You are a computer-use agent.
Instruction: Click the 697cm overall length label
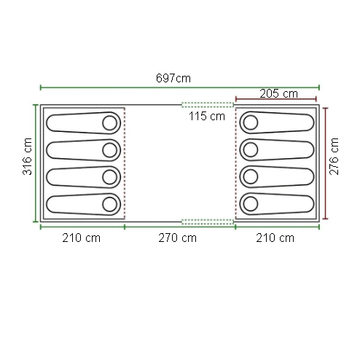(x=173, y=78)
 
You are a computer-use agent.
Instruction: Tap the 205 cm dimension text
(x=278, y=93)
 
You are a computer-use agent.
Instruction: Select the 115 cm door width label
(x=207, y=116)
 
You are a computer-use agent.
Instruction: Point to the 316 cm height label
(x=27, y=157)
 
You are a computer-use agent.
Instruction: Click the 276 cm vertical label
(x=334, y=157)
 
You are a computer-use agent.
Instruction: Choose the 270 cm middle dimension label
(x=177, y=238)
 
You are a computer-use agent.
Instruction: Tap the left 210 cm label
(x=81, y=238)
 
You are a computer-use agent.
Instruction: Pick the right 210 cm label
(x=275, y=238)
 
